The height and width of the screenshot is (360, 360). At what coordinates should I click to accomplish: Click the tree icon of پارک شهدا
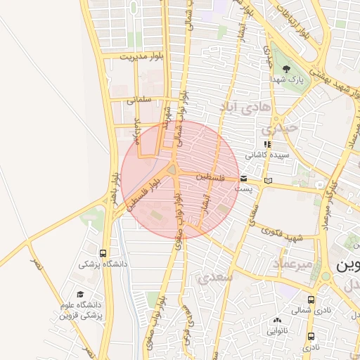point(286,68)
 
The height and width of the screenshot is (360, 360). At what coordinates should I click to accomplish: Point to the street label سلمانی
point(140,100)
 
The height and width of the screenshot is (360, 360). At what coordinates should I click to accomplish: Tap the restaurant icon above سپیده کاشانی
point(266,144)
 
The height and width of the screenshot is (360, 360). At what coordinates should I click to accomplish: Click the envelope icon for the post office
point(243,179)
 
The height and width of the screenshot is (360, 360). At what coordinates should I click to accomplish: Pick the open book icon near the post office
point(268,181)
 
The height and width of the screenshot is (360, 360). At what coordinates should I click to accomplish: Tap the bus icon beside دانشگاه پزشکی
point(103,253)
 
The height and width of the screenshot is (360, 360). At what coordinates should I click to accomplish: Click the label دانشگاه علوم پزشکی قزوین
point(83,310)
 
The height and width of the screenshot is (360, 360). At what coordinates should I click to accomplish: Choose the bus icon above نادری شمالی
point(311,299)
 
